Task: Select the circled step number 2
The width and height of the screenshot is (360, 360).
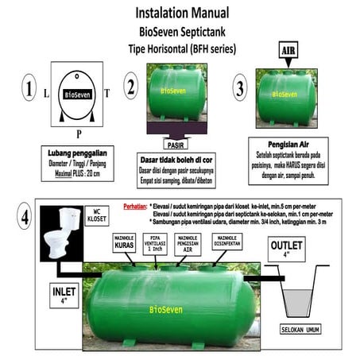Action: click(x=131, y=84)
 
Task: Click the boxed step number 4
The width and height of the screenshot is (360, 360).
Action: click(x=25, y=216)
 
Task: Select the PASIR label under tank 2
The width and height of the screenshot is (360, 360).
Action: click(x=178, y=145)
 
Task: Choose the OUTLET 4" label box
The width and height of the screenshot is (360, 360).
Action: click(x=285, y=250)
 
